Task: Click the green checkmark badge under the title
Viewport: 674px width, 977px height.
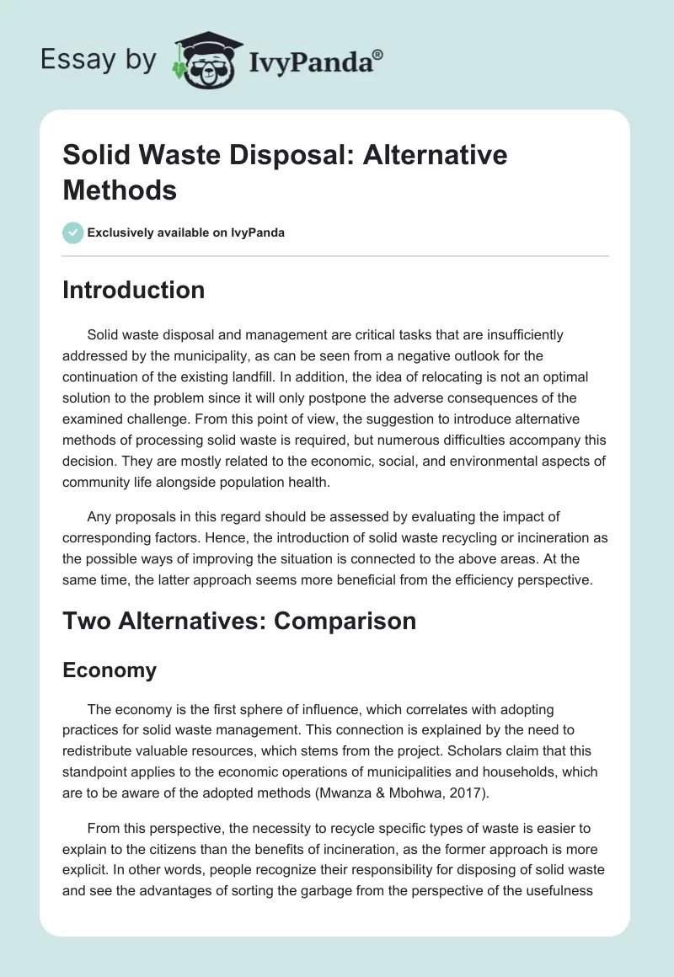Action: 73,232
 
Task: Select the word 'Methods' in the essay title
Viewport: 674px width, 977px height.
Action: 119,190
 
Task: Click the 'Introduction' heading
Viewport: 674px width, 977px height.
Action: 133,290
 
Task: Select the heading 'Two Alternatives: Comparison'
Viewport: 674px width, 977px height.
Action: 239,621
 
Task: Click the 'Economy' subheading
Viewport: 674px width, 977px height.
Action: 110,670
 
